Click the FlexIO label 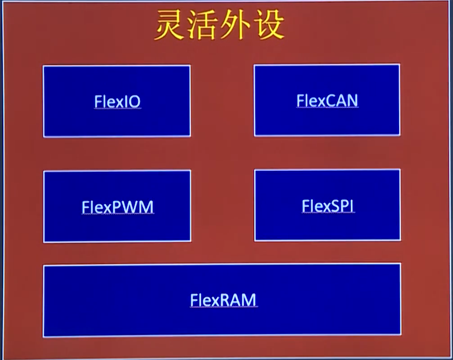click(117, 101)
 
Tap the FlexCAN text click(327, 100)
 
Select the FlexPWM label click(118, 207)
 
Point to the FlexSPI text click(328, 206)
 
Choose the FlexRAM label click(223, 300)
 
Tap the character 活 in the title click(203, 25)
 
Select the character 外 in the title click(235, 25)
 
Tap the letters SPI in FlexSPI click(343, 206)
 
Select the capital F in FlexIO click(98, 102)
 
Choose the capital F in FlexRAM click(194, 300)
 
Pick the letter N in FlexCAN click(353, 100)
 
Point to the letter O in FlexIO click(134, 102)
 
